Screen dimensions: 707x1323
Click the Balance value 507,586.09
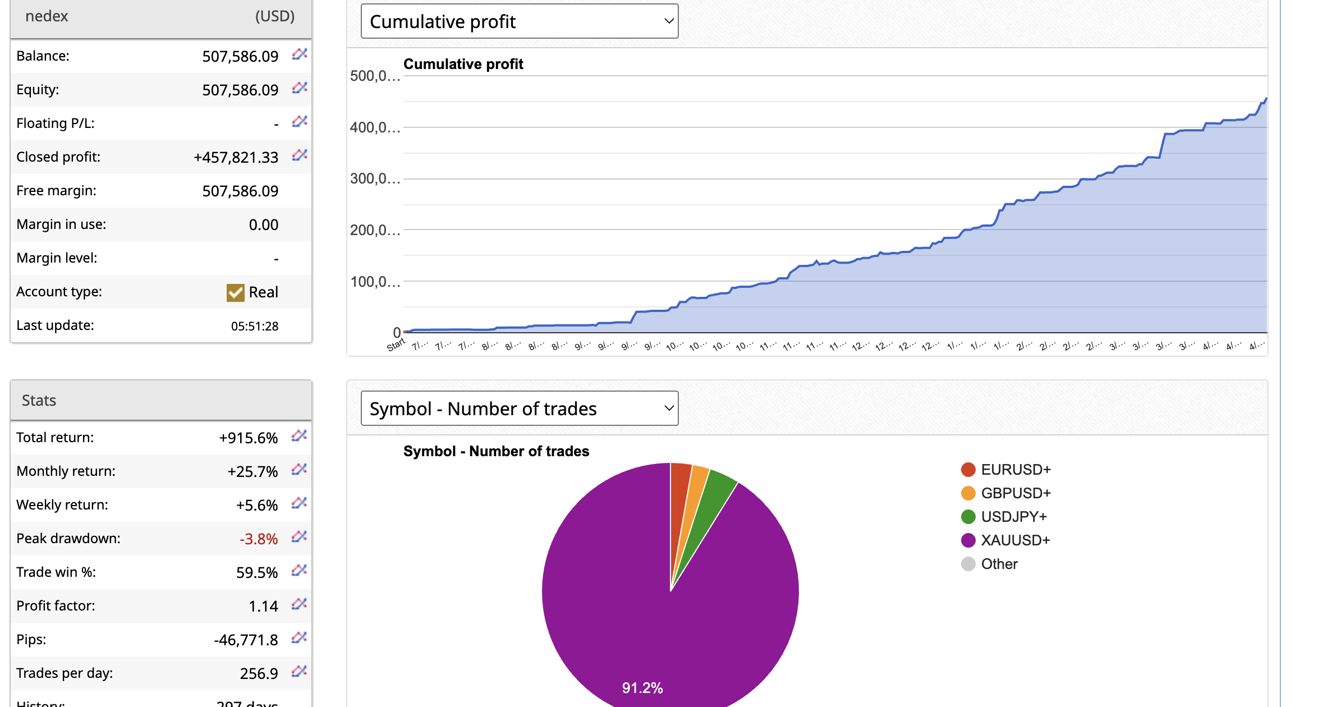pos(240,56)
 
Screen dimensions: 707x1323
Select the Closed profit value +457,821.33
pos(236,157)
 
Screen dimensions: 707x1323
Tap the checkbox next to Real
pos(235,292)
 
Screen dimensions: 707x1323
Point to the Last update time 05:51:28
pos(255,326)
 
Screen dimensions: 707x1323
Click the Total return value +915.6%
pos(248,438)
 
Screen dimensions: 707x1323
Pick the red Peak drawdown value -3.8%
pos(259,539)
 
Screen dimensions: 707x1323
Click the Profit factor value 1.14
pos(263,606)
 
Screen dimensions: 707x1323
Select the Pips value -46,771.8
pos(246,640)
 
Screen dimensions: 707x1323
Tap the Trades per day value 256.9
pos(259,673)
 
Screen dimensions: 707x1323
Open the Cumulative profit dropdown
pos(520,21)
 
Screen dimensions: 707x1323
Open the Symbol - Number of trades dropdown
pos(520,408)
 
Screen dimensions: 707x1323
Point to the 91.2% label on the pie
pos(642,688)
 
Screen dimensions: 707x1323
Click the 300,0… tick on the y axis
pos(375,179)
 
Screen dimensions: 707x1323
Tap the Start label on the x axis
pos(396,345)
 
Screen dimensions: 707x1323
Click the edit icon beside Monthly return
pos(299,470)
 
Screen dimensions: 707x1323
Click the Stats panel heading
pos(39,401)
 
